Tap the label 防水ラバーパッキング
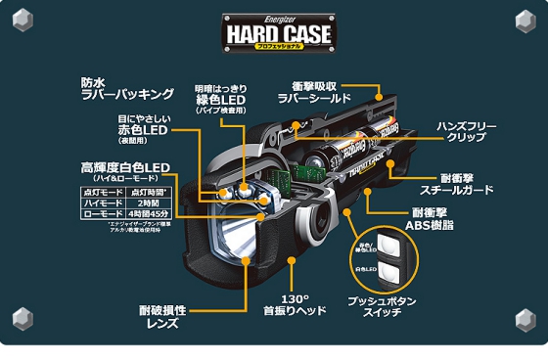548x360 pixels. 127,89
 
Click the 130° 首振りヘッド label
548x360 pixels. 295,305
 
